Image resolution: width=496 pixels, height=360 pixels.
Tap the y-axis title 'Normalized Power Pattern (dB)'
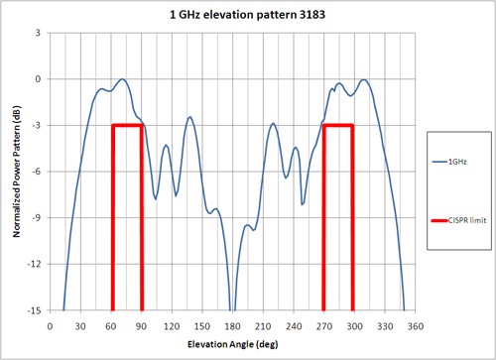[x=13, y=172]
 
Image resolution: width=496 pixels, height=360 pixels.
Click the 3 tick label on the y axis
[x=38, y=33]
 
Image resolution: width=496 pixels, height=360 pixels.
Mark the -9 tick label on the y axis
[x=36, y=217]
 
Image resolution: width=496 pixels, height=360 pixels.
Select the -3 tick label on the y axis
[x=36, y=125]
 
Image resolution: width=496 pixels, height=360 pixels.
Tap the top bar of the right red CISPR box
[x=338, y=125]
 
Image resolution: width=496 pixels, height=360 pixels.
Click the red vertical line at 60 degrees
[x=112, y=218]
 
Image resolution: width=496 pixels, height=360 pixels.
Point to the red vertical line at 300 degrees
[x=353, y=218]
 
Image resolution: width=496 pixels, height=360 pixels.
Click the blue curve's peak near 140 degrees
[x=190, y=117]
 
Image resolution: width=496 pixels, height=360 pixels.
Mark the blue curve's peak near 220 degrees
[x=274, y=124]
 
